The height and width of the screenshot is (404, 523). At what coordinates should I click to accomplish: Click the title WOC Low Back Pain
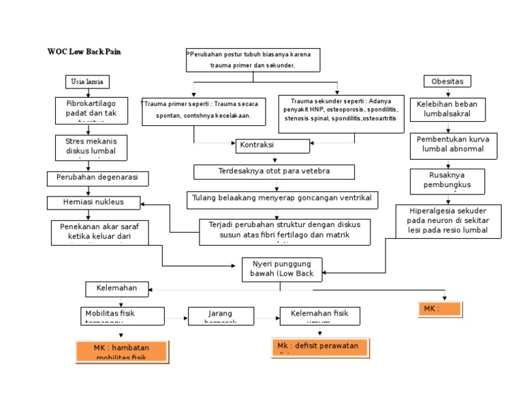[x=84, y=52]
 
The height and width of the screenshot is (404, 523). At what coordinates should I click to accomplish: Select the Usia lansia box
[x=86, y=82]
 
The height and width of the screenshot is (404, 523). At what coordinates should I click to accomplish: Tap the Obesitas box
[x=447, y=82]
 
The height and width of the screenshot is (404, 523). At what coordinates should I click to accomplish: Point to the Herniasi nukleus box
[x=94, y=202]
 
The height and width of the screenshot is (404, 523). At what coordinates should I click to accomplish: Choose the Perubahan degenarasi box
[x=97, y=178]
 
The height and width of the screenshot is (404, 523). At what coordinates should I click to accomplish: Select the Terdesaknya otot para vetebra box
[x=274, y=171]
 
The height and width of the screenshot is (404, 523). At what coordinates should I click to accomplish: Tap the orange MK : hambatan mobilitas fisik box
[x=121, y=352]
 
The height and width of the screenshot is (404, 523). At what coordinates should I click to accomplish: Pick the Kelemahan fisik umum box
[x=319, y=316]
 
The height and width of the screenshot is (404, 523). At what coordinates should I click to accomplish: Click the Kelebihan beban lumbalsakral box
[x=447, y=109]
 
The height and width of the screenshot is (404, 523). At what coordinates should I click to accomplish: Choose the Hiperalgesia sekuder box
[x=448, y=221]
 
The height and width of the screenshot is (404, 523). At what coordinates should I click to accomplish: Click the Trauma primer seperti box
[x=194, y=110]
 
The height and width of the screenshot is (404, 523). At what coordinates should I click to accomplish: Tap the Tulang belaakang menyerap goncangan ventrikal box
[x=282, y=199]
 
